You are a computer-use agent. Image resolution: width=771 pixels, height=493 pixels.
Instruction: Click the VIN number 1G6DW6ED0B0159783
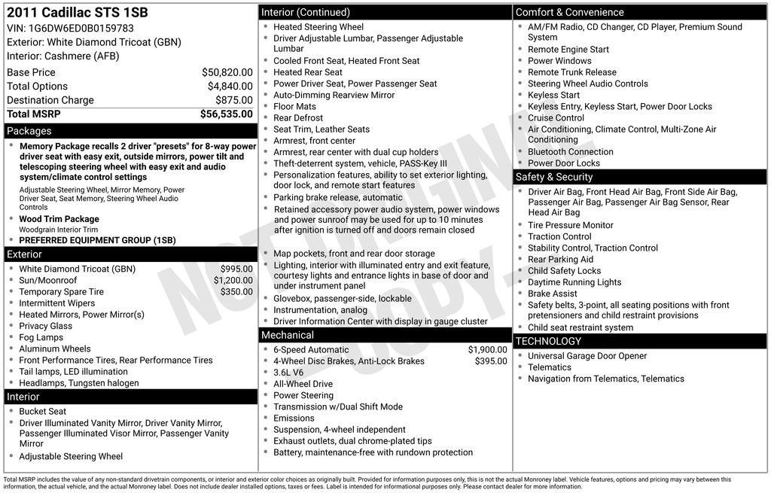[81, 29]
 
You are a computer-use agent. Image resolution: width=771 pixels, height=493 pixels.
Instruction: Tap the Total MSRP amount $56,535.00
[226, 114]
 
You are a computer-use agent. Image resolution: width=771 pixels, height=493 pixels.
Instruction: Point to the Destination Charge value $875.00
[233, 100]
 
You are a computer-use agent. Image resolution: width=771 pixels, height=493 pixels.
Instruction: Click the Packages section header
[29, 131]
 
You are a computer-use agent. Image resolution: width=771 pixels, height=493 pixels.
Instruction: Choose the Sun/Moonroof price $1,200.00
[233, 281]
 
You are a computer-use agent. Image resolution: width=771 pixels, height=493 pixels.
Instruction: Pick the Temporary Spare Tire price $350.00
[236, 292]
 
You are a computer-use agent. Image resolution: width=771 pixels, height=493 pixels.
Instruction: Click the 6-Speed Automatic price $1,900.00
[487, 350]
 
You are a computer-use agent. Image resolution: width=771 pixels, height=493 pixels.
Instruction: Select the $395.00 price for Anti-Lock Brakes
[491, 361]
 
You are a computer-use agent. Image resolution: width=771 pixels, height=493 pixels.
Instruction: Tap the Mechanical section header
[288, 335]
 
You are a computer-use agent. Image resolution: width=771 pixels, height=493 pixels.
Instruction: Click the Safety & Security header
[554, 177]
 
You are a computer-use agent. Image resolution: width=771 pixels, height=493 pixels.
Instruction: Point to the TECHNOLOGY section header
[548, 341]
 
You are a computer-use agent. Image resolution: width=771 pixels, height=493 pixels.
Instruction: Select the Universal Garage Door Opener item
[587, 356]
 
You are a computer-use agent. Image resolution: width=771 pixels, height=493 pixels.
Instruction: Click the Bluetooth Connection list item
[570, 152]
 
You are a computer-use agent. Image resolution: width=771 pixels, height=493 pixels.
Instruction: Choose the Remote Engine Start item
[568, 50]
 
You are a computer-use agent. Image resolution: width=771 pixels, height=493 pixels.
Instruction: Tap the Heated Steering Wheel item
[318, 27]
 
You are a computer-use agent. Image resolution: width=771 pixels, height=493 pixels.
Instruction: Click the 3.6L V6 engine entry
[288, 373]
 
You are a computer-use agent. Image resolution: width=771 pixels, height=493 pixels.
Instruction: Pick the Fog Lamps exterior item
[41, 338]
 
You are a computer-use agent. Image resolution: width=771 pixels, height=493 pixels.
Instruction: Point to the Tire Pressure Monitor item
[570, 225]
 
